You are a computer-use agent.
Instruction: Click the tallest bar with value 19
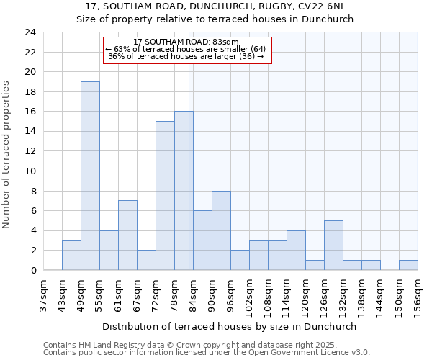click(90, 176)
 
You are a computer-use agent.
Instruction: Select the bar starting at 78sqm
click(184, 191)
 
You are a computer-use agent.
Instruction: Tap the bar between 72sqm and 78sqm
click(165, 196)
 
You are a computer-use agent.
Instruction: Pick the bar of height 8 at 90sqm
click(221, 230)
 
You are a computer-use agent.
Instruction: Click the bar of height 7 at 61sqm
click(127, 235)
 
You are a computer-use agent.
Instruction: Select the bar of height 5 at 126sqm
click(333, 246)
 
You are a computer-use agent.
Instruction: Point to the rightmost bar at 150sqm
click(408, 265)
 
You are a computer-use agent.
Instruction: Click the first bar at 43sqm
click(71, 256)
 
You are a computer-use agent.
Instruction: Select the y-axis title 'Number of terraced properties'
click(7, 154)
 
